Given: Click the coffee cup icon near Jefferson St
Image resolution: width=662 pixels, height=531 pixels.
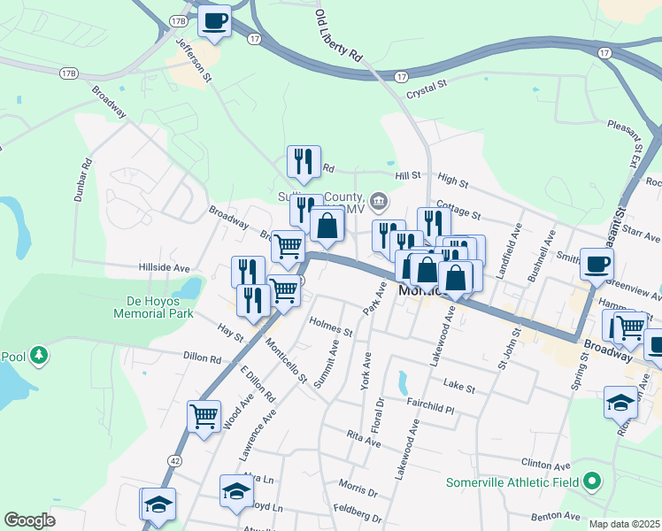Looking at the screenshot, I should [213, 20].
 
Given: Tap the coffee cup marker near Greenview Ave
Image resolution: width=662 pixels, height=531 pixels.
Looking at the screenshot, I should [597, 263].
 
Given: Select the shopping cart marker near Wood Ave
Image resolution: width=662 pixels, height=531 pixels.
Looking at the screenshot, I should [204, 416].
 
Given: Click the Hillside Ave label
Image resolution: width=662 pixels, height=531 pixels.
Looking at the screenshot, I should [165, 267].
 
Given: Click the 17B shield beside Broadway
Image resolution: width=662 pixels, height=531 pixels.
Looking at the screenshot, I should [69, 72].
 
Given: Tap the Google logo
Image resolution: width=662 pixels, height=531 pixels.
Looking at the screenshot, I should [30, 520].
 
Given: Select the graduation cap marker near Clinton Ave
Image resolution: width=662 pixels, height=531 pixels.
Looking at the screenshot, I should [621, 403].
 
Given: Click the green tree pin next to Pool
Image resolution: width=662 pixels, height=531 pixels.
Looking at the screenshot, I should [39, 356].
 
